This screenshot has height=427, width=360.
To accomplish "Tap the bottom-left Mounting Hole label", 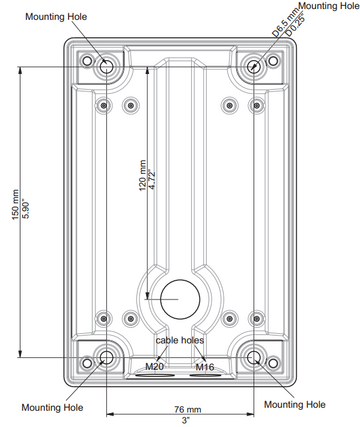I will pos(52,406).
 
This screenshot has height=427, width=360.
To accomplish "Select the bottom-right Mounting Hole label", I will pos(294,405).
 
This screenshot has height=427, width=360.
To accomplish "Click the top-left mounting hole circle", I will pos(106,67).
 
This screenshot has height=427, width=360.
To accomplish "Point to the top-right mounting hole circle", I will pos(256,67).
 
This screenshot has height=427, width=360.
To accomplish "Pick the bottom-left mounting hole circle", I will pos(106,358).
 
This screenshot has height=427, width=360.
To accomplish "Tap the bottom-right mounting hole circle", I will pos(256,358).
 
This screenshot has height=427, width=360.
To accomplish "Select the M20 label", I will pos(154,367).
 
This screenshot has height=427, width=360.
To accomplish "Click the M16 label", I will pos(205,367).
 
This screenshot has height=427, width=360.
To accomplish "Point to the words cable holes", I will pos(180,340).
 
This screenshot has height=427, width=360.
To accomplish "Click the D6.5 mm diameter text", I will pos(283,22).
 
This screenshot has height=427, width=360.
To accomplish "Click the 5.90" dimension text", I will pos(27,208).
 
